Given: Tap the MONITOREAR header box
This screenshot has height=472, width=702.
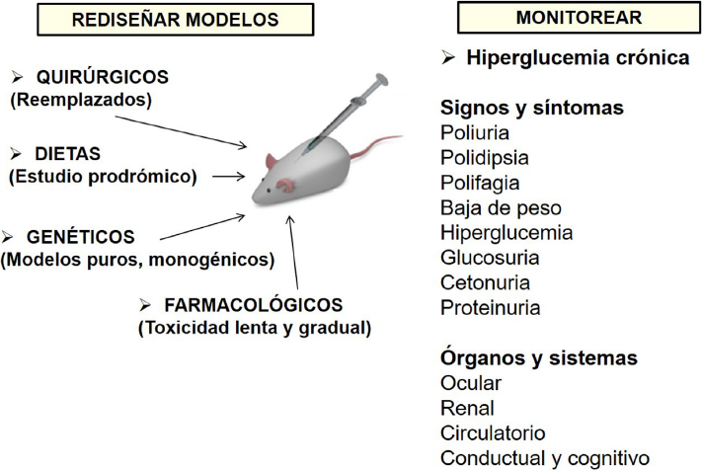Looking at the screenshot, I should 579,18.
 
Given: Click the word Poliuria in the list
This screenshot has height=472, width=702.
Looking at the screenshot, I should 477,132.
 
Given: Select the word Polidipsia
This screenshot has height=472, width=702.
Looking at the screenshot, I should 484,158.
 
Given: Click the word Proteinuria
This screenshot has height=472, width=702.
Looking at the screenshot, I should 490,308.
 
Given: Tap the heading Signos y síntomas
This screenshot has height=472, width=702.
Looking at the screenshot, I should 531,107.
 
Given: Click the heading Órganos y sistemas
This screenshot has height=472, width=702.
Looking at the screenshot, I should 538,357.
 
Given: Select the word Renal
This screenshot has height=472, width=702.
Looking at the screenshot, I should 467,408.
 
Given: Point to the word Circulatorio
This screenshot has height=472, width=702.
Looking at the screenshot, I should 493,433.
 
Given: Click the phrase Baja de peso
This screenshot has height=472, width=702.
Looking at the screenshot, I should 501,208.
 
